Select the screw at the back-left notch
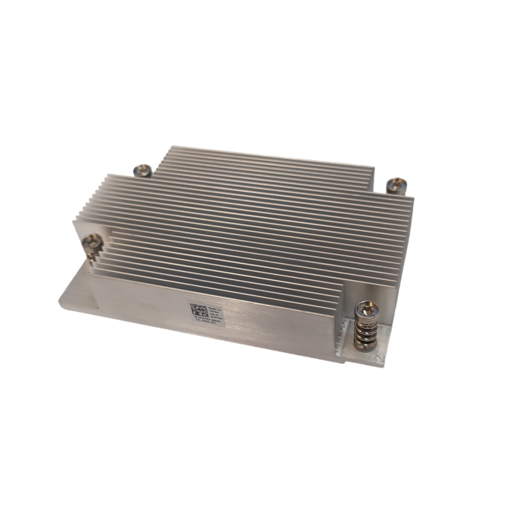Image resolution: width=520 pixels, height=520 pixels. tap(143, 171)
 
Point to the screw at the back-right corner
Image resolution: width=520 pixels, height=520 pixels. tap(397, 183)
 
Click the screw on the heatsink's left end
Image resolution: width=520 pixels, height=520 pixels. tap(94, 241)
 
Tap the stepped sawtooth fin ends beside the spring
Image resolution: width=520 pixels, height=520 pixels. tap(343, 327)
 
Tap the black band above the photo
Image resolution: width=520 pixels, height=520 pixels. tap(260, 67)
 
